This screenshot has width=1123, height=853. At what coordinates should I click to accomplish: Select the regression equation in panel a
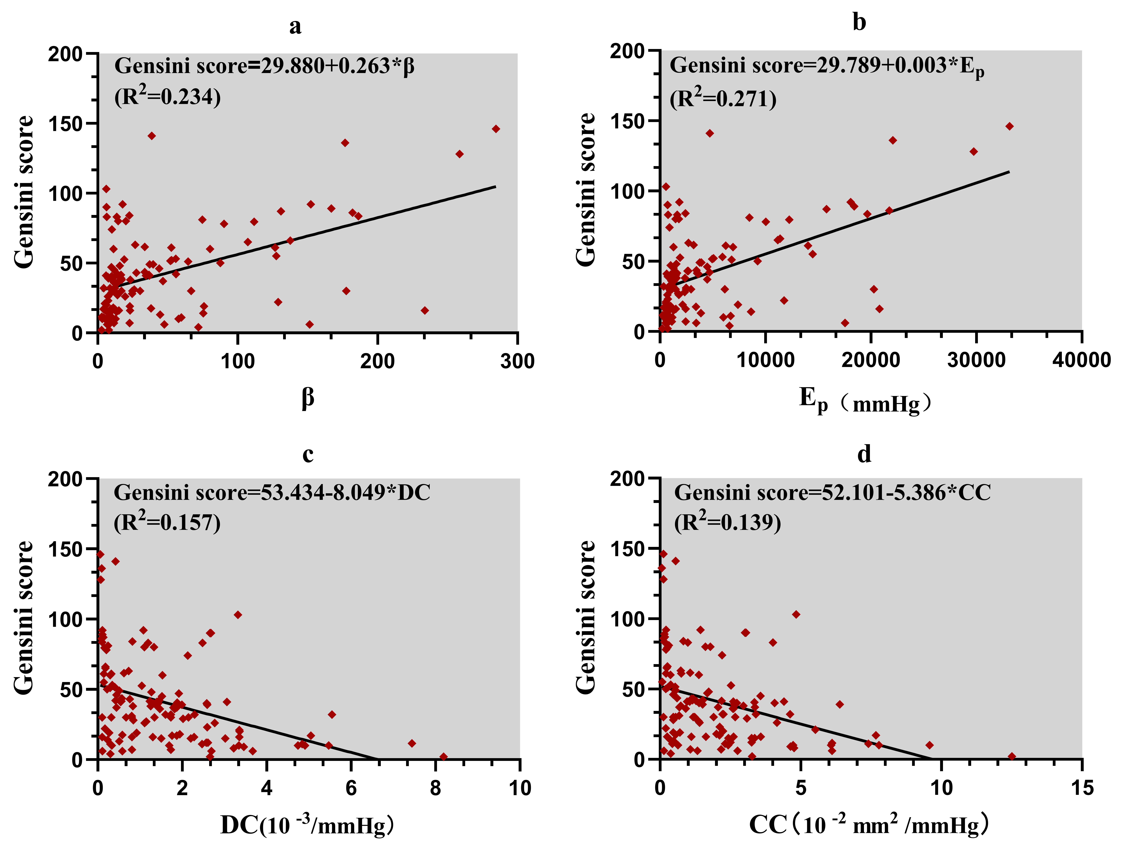click(264, 66)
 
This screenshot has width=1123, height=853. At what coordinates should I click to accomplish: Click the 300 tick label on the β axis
click(517, 362)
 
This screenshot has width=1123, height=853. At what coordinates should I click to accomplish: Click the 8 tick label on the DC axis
click(435, 788)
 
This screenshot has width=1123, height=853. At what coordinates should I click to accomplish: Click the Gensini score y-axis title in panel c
click(24, 618)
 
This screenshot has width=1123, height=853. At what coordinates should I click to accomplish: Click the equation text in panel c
click(272, 493)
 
